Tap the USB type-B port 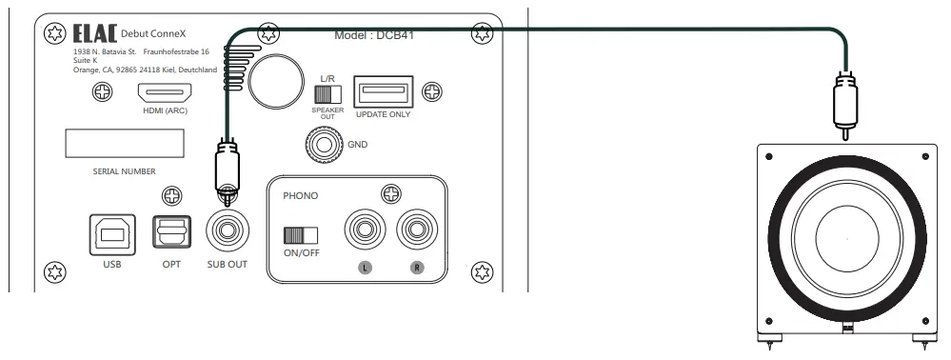(111, 232)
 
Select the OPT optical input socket (172, 232)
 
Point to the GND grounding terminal (323, 145)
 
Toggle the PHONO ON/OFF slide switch (301, 234)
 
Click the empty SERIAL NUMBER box (125, 144)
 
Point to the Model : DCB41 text (372, 34)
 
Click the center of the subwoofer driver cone (844, 236)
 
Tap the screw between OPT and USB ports (173, 196)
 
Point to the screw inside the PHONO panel (389, 194)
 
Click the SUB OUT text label (227, 264)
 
